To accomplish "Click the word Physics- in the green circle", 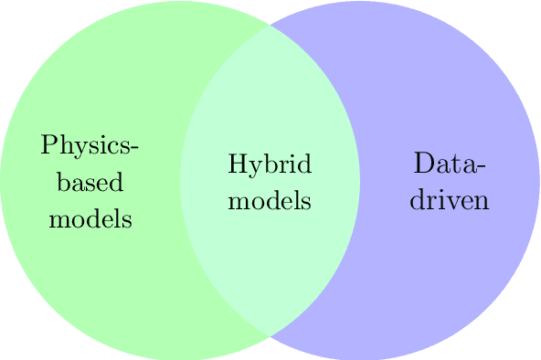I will pyautogui.click(x=90, y=146).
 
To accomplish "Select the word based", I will pyautogui.click(x=90, y=183).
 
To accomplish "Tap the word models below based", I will pyautogui.click(x=90, y=219).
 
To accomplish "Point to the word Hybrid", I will pyautogui.click(x=270, y=165).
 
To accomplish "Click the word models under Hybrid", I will pyautogui.click(x=270, y=200).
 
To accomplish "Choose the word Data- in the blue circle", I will pyautogui.click(x=449, y=165).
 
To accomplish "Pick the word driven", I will pyautogui.click(x=449, y=200).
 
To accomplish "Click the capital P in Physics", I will pyautogui.click(x=48, y=145).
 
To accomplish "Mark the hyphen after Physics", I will pyautogui.click(x=135, y=149).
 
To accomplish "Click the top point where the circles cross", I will pyautogui.click(x=270, y=25).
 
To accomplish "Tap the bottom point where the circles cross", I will pyautogui.click(x=270, y=336).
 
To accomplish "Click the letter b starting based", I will pyautogui.click(x=62, y=182).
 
